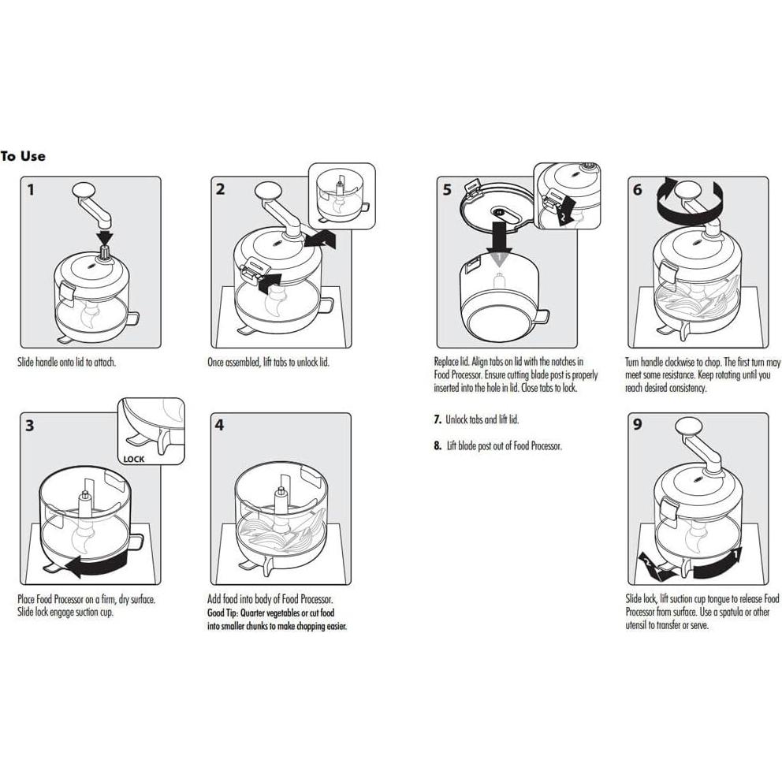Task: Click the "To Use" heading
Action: coord(24,156)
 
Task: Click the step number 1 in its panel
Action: coord(31,189)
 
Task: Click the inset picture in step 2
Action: coord(341,196)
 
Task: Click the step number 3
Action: coord(30,426)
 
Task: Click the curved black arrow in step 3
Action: coord(95,563)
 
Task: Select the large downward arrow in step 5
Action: coord(498,239)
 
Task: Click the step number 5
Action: coord(447,189)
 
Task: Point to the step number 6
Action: coord(637,189)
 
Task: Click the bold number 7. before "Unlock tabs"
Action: coord(438,420)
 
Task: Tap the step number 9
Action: coord(637,426)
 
